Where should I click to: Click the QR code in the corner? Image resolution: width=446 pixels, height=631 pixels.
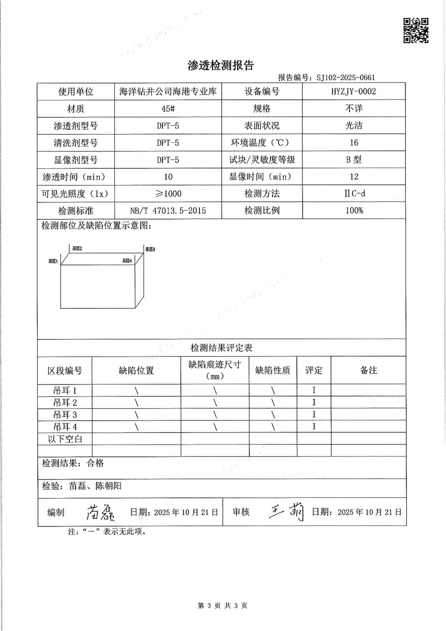click(416, 30)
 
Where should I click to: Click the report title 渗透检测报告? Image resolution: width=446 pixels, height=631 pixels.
click(220, 66)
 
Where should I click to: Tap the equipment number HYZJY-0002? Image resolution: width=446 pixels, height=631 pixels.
click(354, 91)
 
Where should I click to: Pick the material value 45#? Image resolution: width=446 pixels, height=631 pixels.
click(168, 109)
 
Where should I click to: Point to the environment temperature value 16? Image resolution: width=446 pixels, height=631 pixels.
click(354, 143)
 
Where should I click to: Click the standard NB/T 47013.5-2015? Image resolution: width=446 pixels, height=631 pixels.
click(168, 211)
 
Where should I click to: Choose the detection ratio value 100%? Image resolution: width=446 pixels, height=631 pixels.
click(354, 211)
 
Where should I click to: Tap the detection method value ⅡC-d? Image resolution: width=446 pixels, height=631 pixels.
click(354, 194)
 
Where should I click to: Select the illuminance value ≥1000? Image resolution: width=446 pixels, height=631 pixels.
click(168, 194)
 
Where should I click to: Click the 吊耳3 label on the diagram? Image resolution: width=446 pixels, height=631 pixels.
click(150, 249)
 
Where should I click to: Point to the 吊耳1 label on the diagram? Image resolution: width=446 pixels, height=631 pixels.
click(53, 261)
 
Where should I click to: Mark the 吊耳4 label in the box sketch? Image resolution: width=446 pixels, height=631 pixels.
click(127, 261)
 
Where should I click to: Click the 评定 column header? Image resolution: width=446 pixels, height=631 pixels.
click(314, 370)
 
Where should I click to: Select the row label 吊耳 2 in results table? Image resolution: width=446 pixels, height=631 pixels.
click(65, 403)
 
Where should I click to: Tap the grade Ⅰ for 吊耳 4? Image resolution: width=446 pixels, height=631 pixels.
click(314, 427)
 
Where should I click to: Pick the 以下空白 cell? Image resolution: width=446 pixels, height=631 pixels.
click(65, 439)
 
